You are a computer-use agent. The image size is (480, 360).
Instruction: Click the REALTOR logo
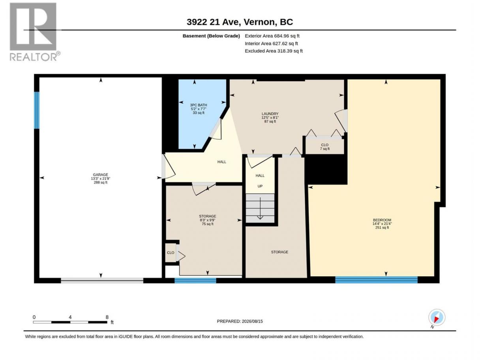tap(35, 32)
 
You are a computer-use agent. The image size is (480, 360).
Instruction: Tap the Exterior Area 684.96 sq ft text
tap(272, 36)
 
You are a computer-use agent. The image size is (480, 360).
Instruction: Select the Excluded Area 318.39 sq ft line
tap(274, 51)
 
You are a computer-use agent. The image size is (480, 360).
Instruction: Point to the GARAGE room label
tap(100, 174)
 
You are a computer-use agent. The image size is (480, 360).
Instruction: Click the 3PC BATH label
tap(198, 105)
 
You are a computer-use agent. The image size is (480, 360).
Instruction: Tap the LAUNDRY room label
tap(270, 114)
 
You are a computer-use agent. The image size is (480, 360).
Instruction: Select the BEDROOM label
tap(382, 220)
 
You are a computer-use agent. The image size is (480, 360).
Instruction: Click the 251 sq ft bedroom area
tap(382, 227)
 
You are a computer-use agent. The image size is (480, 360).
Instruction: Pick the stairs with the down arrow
tap(260, 208)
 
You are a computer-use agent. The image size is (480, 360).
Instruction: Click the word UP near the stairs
tap(260, 186)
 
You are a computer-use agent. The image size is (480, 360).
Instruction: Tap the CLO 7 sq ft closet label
tap(325, 147)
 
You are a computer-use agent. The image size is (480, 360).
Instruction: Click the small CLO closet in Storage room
tap(171, 253)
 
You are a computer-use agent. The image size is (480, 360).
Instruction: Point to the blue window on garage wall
tap(37, 110)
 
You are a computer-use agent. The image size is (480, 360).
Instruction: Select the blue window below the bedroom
tap(376, 280)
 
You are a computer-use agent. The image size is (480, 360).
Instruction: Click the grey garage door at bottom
tap(102, 281)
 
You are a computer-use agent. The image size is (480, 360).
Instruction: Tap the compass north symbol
tap(437, 318)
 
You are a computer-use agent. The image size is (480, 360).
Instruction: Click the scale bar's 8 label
tap(107, 317)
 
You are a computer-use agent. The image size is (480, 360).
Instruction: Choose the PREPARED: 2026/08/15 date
tap(240, 321)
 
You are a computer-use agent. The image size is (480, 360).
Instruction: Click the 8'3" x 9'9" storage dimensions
tap(207, 220)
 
